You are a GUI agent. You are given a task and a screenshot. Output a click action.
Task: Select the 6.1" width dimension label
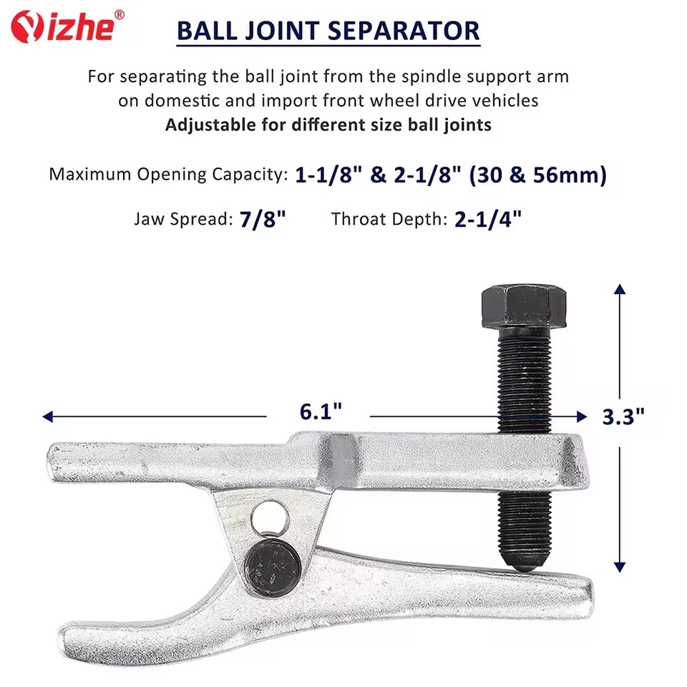click(321, 411)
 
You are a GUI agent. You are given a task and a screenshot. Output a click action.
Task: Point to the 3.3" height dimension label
click(623, 416)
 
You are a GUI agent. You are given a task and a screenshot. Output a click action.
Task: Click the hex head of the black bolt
click(524, 306)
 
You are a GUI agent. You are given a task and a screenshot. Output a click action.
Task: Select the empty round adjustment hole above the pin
click(270, 520)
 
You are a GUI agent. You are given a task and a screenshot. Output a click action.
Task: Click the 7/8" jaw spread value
click(263, 219)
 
